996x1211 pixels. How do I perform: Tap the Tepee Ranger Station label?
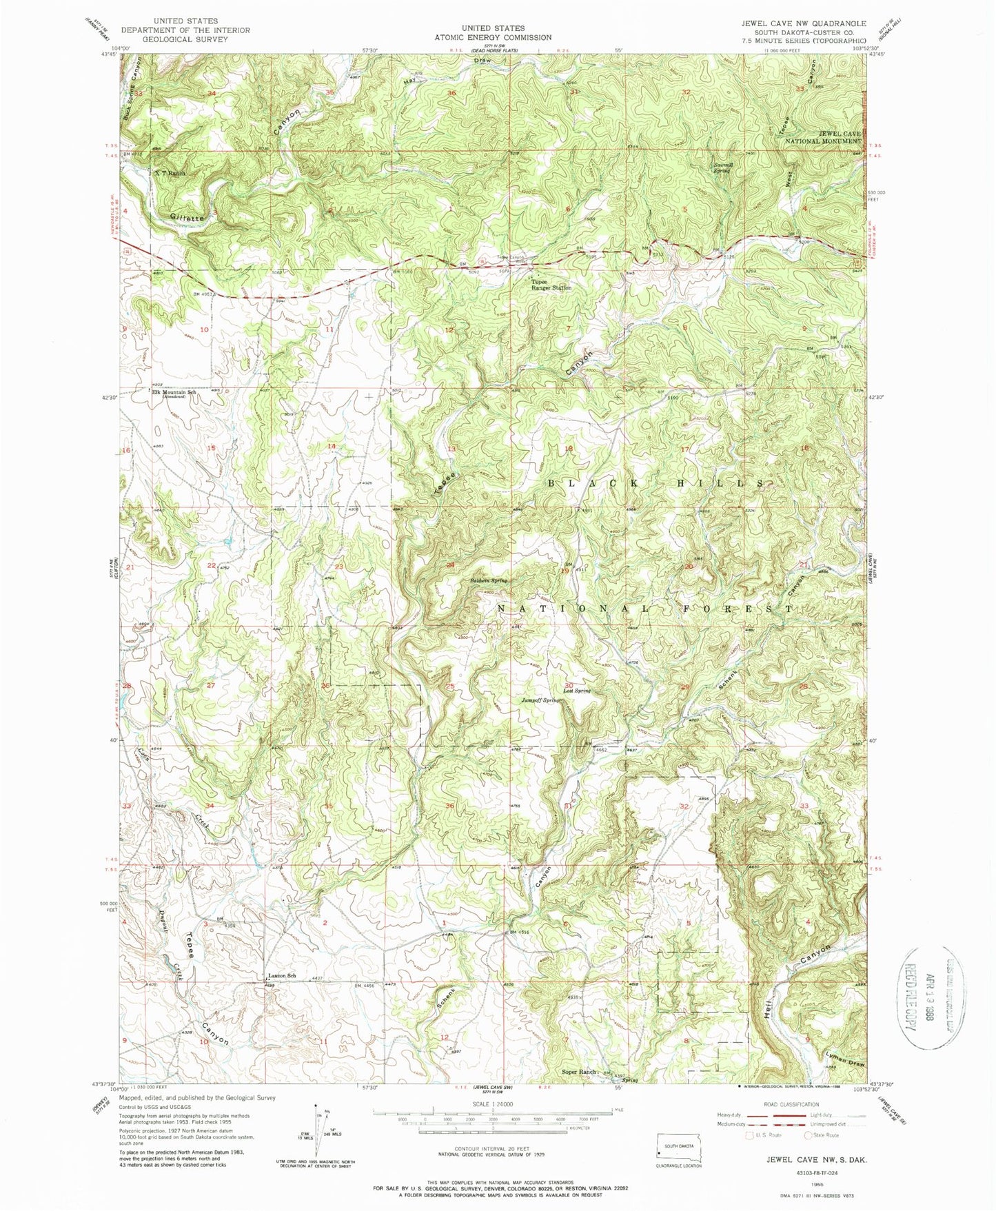(551, 284)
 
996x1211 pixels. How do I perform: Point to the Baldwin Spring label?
(489, 581)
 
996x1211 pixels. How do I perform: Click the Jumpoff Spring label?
(540, 700)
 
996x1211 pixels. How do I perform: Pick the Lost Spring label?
(577, 691)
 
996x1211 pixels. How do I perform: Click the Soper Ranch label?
(578, 1072)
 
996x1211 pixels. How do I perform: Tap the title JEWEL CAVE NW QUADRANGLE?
(804, 23)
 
